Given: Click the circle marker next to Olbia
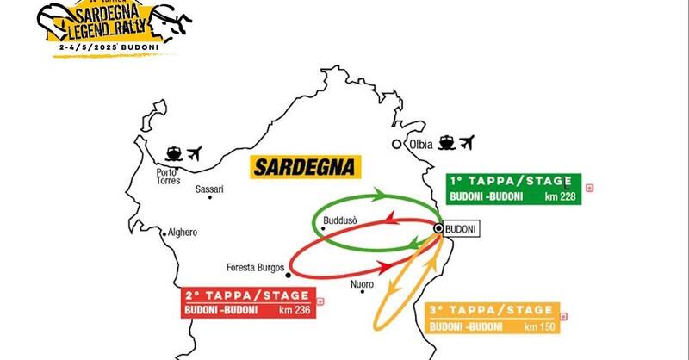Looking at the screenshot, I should (x=396, y=144).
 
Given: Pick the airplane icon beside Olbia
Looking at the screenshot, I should (x=469, y=142).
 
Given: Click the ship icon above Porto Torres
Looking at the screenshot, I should (x=172, y=155).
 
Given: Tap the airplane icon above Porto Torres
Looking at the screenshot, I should (x=194, y=155).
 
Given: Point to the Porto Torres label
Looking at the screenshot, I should (x=166, y=177).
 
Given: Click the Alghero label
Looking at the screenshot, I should (x=183, y=233).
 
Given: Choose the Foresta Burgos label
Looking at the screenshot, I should (x=254, y=266).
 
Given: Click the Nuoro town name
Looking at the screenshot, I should (x=363, y=284).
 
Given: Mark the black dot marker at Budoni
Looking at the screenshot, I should (x=438, y=228).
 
